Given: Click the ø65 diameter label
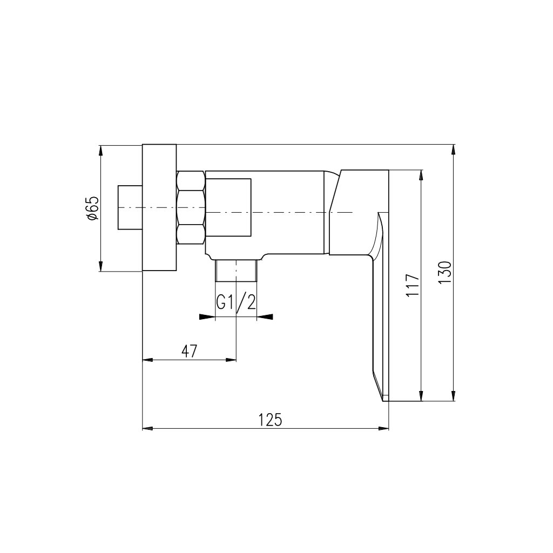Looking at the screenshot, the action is point(92,208).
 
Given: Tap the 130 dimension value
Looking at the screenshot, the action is point(444,272).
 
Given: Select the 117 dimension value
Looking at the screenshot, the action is point(413,285).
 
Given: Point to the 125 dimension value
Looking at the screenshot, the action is point(271,420).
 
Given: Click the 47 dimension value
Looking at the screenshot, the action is point(190,351).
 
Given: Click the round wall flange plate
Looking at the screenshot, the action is point(159,207).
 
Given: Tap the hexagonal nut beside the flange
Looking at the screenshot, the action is point(191,207).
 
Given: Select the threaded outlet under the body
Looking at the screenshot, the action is point(236,271).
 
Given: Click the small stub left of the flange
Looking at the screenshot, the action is point(130,207).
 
